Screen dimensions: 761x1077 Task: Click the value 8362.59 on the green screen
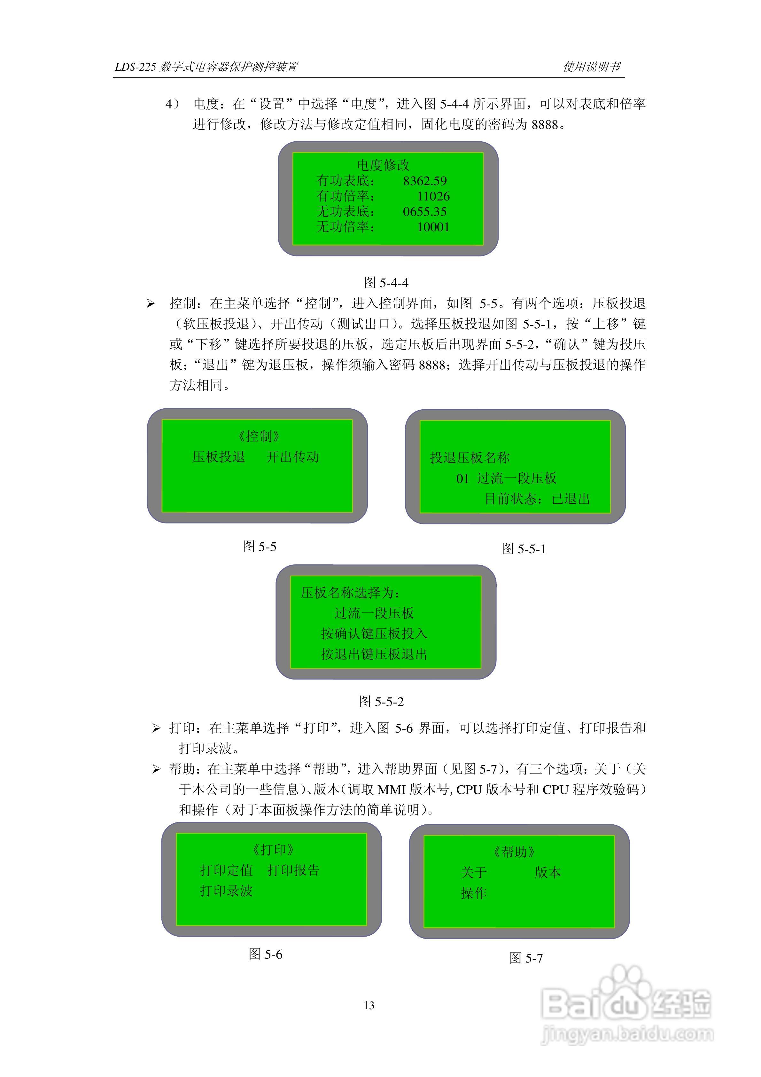tap(424, 181)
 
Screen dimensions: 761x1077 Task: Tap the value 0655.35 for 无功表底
tap(424, 212)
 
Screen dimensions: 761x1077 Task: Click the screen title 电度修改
tap(383, 165)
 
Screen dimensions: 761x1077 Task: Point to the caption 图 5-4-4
tap(386, 283)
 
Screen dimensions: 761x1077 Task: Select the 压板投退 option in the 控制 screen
tap(219, 457)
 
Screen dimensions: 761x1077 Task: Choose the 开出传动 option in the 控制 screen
tap(292, 457)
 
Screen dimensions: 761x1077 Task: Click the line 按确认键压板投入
tap(374, 634)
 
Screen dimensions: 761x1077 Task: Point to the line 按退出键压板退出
tap(374, 654)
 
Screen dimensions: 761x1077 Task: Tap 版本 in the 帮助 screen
tap(547, 872)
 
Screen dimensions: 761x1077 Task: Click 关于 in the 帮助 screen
tap(474, 872)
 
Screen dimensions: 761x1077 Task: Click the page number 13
tap(369, 1005)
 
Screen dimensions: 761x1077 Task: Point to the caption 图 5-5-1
tap(524, 549)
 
